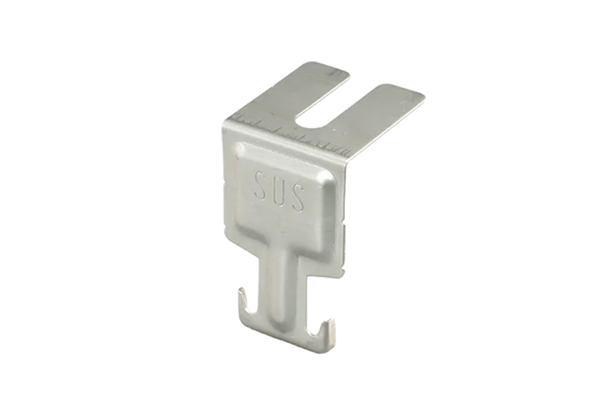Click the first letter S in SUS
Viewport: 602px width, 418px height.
click(x=260, y=186)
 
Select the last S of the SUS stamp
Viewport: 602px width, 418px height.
click(x=298, y=198)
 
